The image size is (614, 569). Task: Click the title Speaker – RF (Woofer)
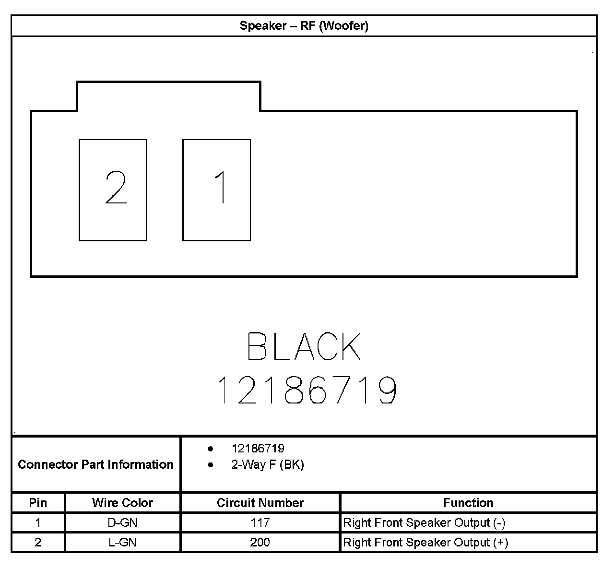[x=304, y=26]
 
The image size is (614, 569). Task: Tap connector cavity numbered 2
[x=113, y=190]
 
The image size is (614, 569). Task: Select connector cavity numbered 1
[x=216, y=190]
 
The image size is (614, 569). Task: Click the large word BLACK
[x=304, y=346]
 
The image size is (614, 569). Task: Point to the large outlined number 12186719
[x=307, y=390]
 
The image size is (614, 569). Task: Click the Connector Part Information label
[x=95, y=464]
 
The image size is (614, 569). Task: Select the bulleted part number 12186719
[x=258, y=449]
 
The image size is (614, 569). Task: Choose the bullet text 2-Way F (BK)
[x=267, y=465]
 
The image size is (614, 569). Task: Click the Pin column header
[x=38, y=503]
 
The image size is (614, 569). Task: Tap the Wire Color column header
[x=122, y=503]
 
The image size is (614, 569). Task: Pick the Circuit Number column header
[x=260, y=503]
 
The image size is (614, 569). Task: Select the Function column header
[x=468, y=503]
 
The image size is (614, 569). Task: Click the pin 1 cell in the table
[x=38, y=522]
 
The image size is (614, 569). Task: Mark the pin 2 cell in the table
[x=38, y=542]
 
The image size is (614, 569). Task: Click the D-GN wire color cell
[x=122, y=522]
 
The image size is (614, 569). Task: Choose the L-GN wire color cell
[x=122, y=542]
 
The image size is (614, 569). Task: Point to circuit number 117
[x=260, y=522]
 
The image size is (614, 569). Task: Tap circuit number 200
[x=260, y=542]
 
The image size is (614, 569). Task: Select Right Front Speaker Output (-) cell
[x=424, y=522]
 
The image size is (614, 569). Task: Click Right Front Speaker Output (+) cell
[x=425, y=542]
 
